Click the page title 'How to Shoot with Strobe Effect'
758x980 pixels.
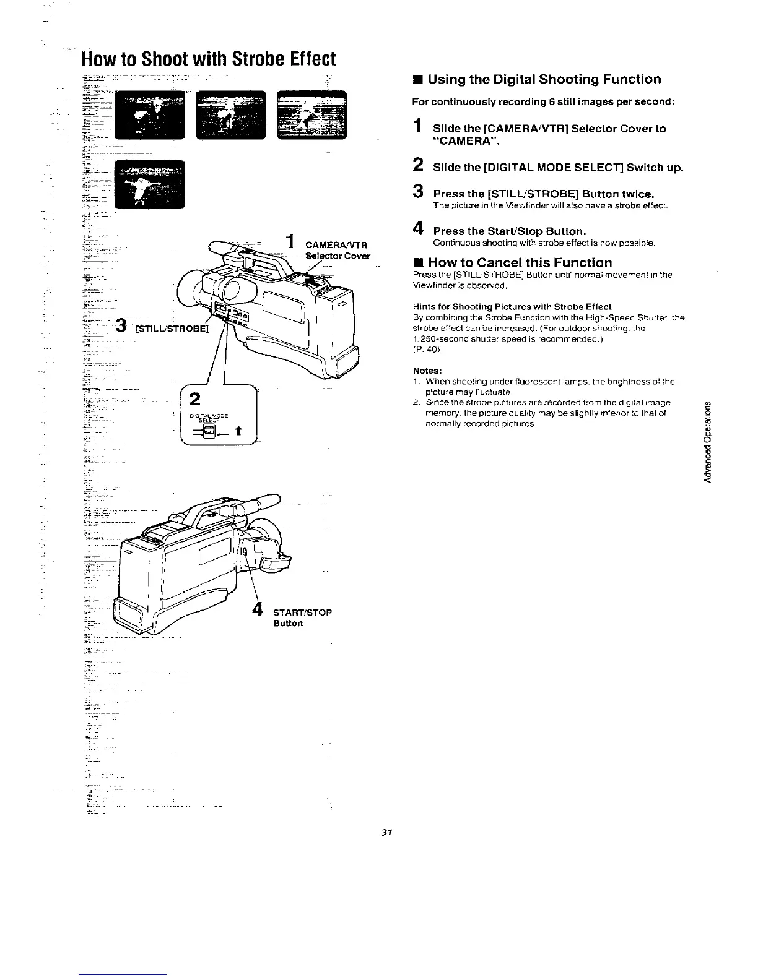point(208,59)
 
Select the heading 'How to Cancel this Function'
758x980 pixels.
point(520,262)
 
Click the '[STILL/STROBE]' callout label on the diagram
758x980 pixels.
point(173,328)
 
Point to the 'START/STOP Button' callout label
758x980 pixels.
point(302,617)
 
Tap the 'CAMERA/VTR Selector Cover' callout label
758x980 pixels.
point(338,251)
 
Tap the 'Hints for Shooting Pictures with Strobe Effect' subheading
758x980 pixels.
point(512,306)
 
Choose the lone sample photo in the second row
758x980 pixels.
point(151,184)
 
